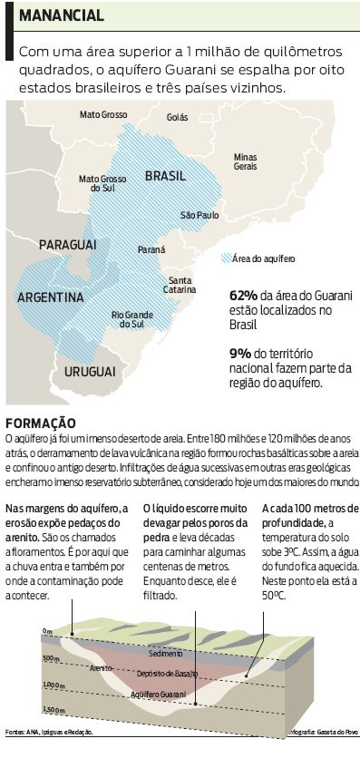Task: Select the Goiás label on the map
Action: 178,118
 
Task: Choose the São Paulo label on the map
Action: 200,216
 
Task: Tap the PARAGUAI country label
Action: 67,245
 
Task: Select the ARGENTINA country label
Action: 51,297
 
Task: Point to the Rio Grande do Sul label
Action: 129,318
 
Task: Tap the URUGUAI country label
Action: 90,372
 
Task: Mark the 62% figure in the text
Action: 244,296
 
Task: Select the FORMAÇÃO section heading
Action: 42,423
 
